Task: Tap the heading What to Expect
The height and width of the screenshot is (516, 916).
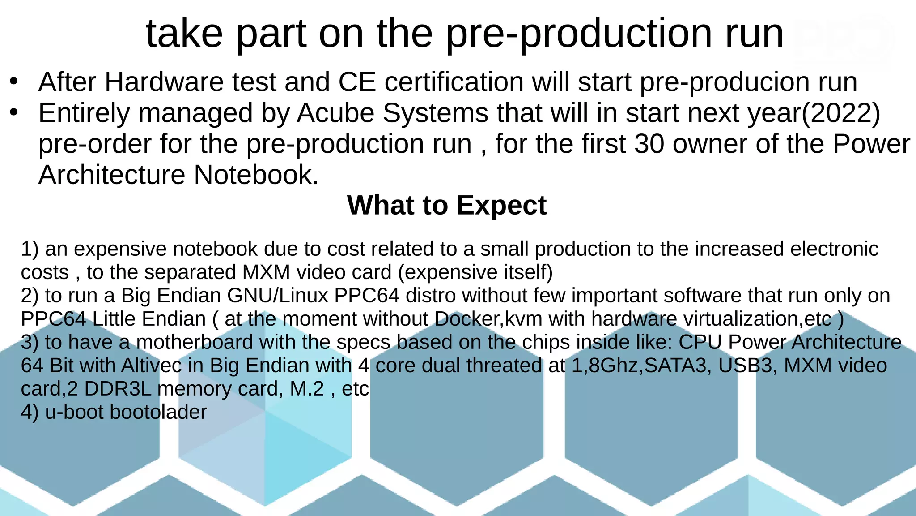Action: [446, 205]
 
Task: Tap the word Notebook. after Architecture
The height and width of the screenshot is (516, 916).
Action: [256, 175]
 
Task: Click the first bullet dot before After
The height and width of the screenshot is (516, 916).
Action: [14, 81]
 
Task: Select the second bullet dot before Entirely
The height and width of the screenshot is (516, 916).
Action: [14, 112]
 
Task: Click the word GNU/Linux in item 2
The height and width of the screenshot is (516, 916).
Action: [277, 296]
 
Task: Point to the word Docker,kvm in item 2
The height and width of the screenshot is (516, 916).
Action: [488, 319]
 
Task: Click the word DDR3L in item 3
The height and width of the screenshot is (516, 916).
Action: [118, 389]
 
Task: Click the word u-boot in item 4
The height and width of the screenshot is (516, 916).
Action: [74, 412]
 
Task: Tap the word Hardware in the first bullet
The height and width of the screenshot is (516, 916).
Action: [164, 82]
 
